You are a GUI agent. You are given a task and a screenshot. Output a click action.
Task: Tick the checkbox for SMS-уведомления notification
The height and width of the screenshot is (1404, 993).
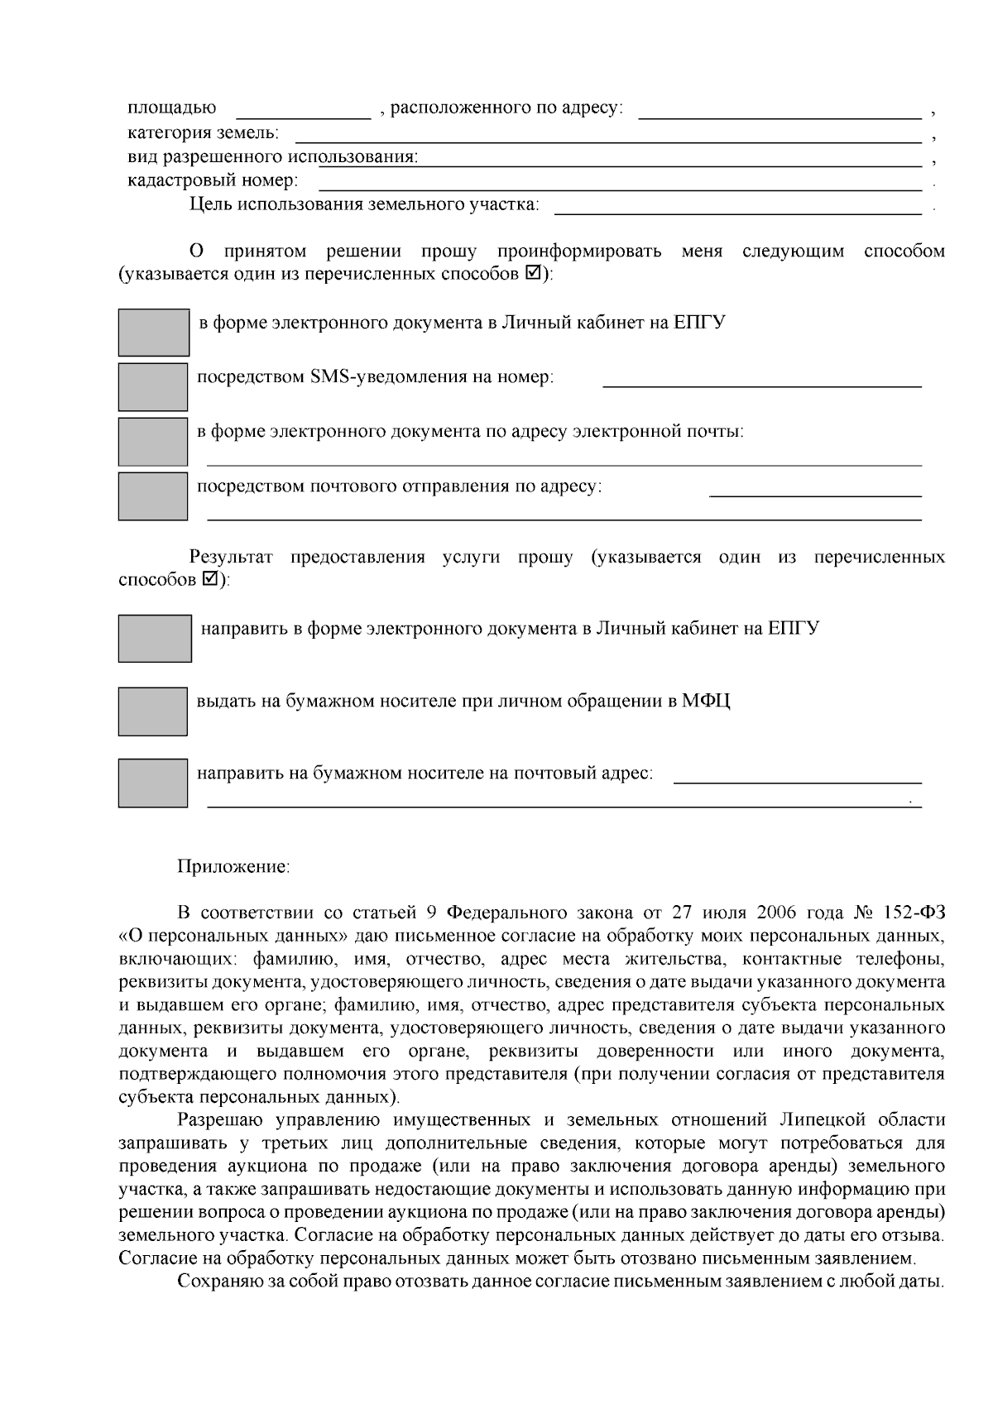click(153, 386)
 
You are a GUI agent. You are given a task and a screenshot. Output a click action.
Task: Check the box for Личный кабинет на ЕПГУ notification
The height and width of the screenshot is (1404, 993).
click(153, 333)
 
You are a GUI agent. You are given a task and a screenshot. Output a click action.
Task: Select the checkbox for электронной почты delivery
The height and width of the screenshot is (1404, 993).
click(153, 441)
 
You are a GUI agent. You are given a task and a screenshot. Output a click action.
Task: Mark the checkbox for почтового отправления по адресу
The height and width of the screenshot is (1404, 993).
click(153, 496)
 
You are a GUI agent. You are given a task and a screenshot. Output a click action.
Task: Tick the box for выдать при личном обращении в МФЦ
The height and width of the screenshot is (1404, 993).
click(153, 711)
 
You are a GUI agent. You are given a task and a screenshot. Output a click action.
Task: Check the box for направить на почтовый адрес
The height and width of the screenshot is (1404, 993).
click(153, 783)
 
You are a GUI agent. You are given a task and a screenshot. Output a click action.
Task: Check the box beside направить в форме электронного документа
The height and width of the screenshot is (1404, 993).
click(155, 638)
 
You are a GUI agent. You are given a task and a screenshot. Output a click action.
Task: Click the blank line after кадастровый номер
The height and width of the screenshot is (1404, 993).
click(621, 181)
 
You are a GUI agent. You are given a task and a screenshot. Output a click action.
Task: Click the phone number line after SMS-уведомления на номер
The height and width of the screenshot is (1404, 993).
click(761, 379)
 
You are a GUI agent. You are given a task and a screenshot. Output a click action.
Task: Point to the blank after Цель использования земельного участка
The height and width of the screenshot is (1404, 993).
click(736, 205)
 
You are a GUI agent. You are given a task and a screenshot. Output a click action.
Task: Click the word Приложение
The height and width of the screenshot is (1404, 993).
click(233, 867)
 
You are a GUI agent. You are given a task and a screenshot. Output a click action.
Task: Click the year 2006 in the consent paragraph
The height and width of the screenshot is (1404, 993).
click(775, 913)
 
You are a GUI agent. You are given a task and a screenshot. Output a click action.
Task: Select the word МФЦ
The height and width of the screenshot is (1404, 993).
click(706, 702)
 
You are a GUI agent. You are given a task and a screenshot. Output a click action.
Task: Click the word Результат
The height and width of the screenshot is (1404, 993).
click(231, 557)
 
